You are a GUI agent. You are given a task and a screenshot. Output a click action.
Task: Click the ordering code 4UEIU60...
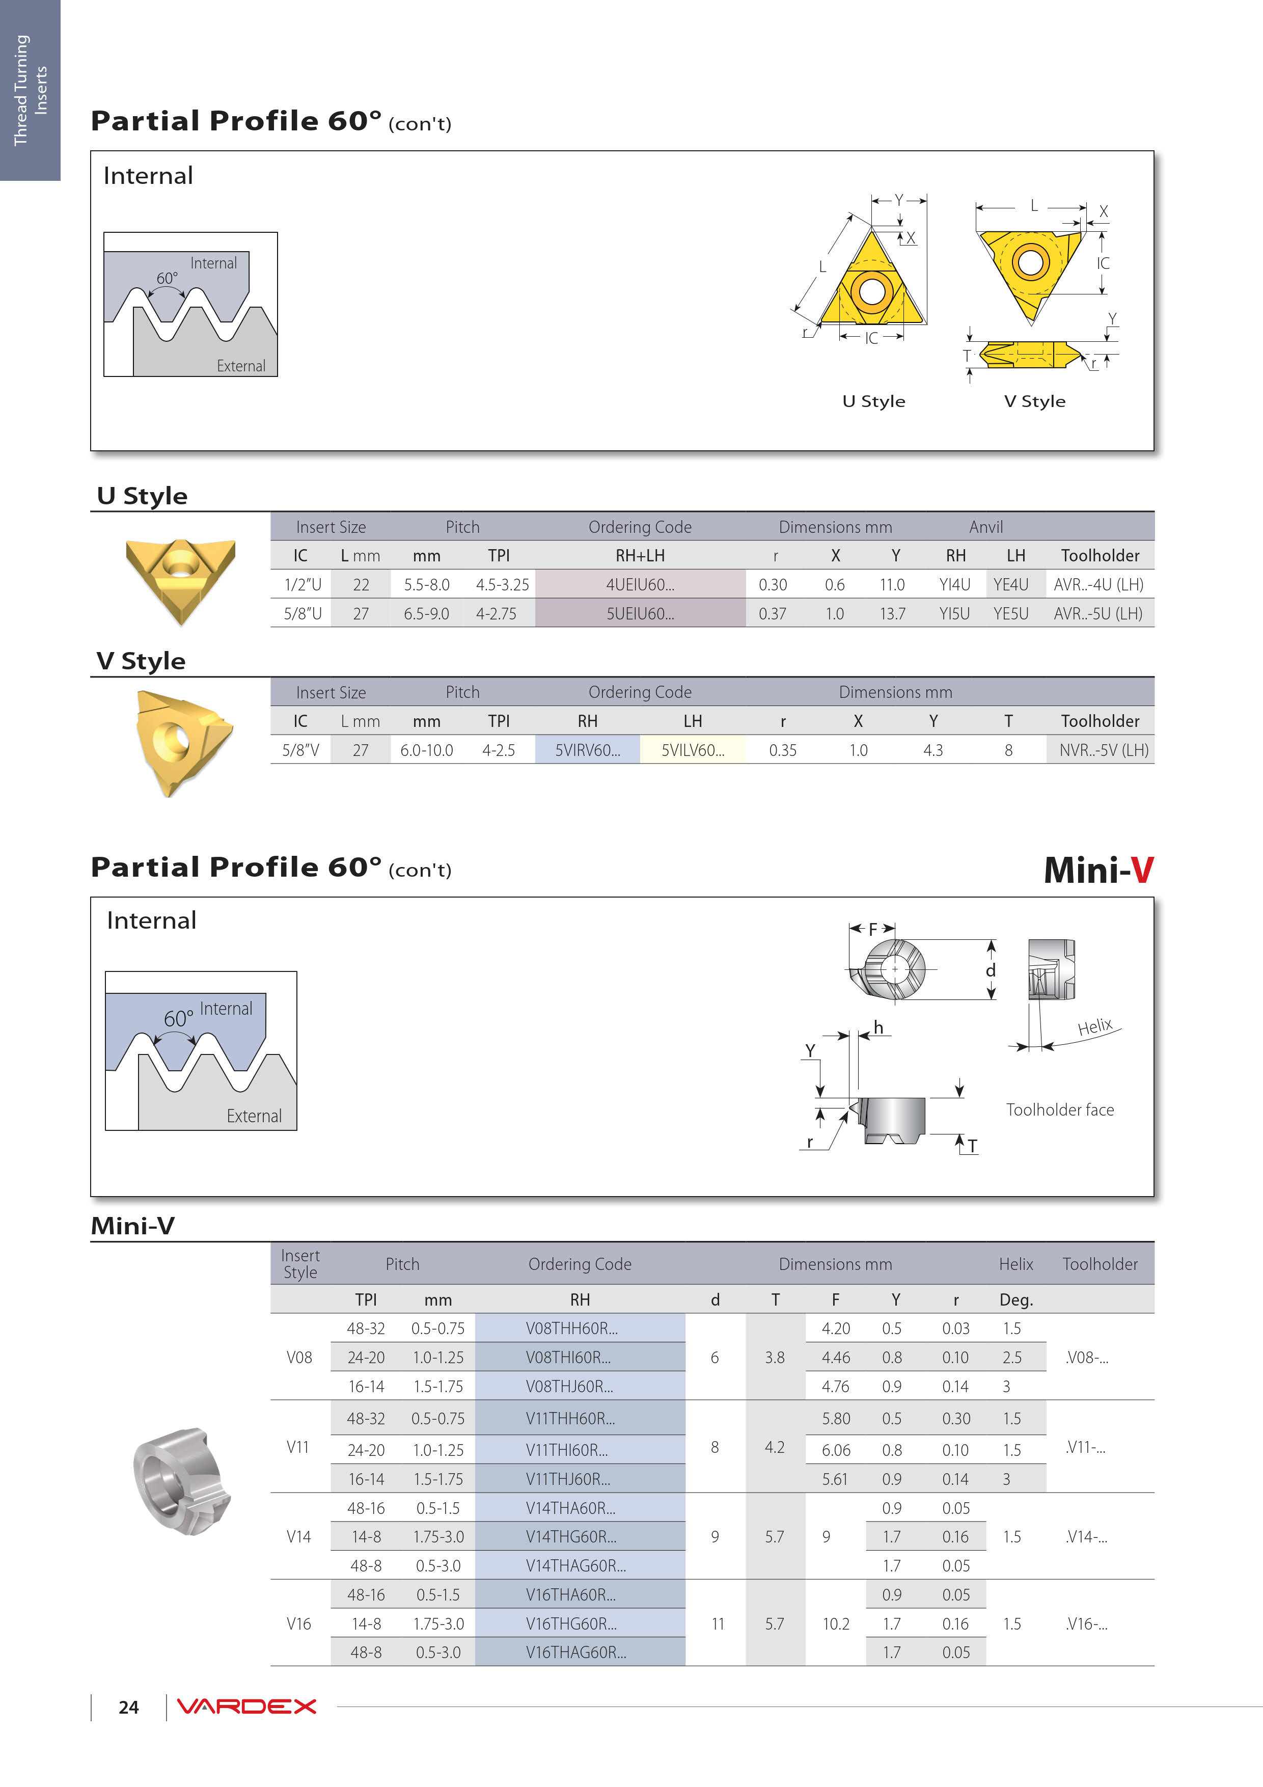pyautogui.click(x=640, y=584)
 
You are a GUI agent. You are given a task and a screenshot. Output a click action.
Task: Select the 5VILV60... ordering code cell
pyautogui.click(x=693, y=750)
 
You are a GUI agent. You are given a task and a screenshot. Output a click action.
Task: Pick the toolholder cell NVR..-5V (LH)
pyautogui.click(x=1103, y=750)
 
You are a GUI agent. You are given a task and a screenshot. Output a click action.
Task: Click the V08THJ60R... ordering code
pyautogui.click(x=569, y=1386)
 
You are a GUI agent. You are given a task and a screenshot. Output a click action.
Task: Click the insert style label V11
pyautogui.click(x=298, y=1447)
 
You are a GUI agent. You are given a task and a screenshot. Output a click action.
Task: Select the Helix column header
pyautogui.click(x=1015, y=1264)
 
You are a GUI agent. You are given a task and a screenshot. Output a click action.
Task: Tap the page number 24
pyautogui.click(x=128, y=1707)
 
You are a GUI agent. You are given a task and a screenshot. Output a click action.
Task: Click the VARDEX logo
pyautogui.click(x=246, y=1706)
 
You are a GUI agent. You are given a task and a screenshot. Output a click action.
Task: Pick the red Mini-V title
pyautogui.click(x=1097, y=870)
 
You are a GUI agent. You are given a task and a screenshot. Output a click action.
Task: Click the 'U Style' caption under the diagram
pyautogui.click(x=873, y=401)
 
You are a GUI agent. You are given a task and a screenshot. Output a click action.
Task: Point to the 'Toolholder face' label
pyautogui.click(x=1059, y=1110)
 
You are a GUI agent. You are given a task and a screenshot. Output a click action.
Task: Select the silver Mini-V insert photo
pyautogui.click(x=183, y=1481)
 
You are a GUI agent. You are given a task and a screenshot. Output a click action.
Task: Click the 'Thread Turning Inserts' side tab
pyautogui.click(x=31, y=90)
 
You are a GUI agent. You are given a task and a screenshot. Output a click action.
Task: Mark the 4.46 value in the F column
pyautogui.click(x=836, y=1358)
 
